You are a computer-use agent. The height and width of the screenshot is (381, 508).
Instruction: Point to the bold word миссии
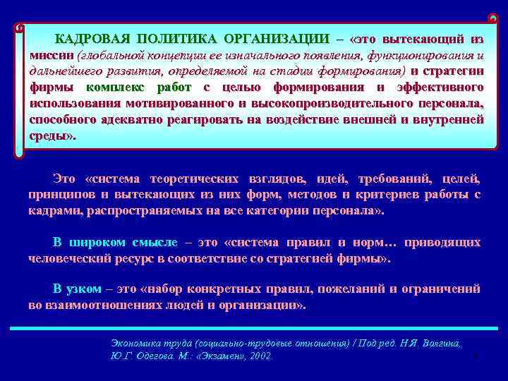click(52, 54)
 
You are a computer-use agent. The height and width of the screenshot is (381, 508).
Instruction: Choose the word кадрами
click(53, 211)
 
